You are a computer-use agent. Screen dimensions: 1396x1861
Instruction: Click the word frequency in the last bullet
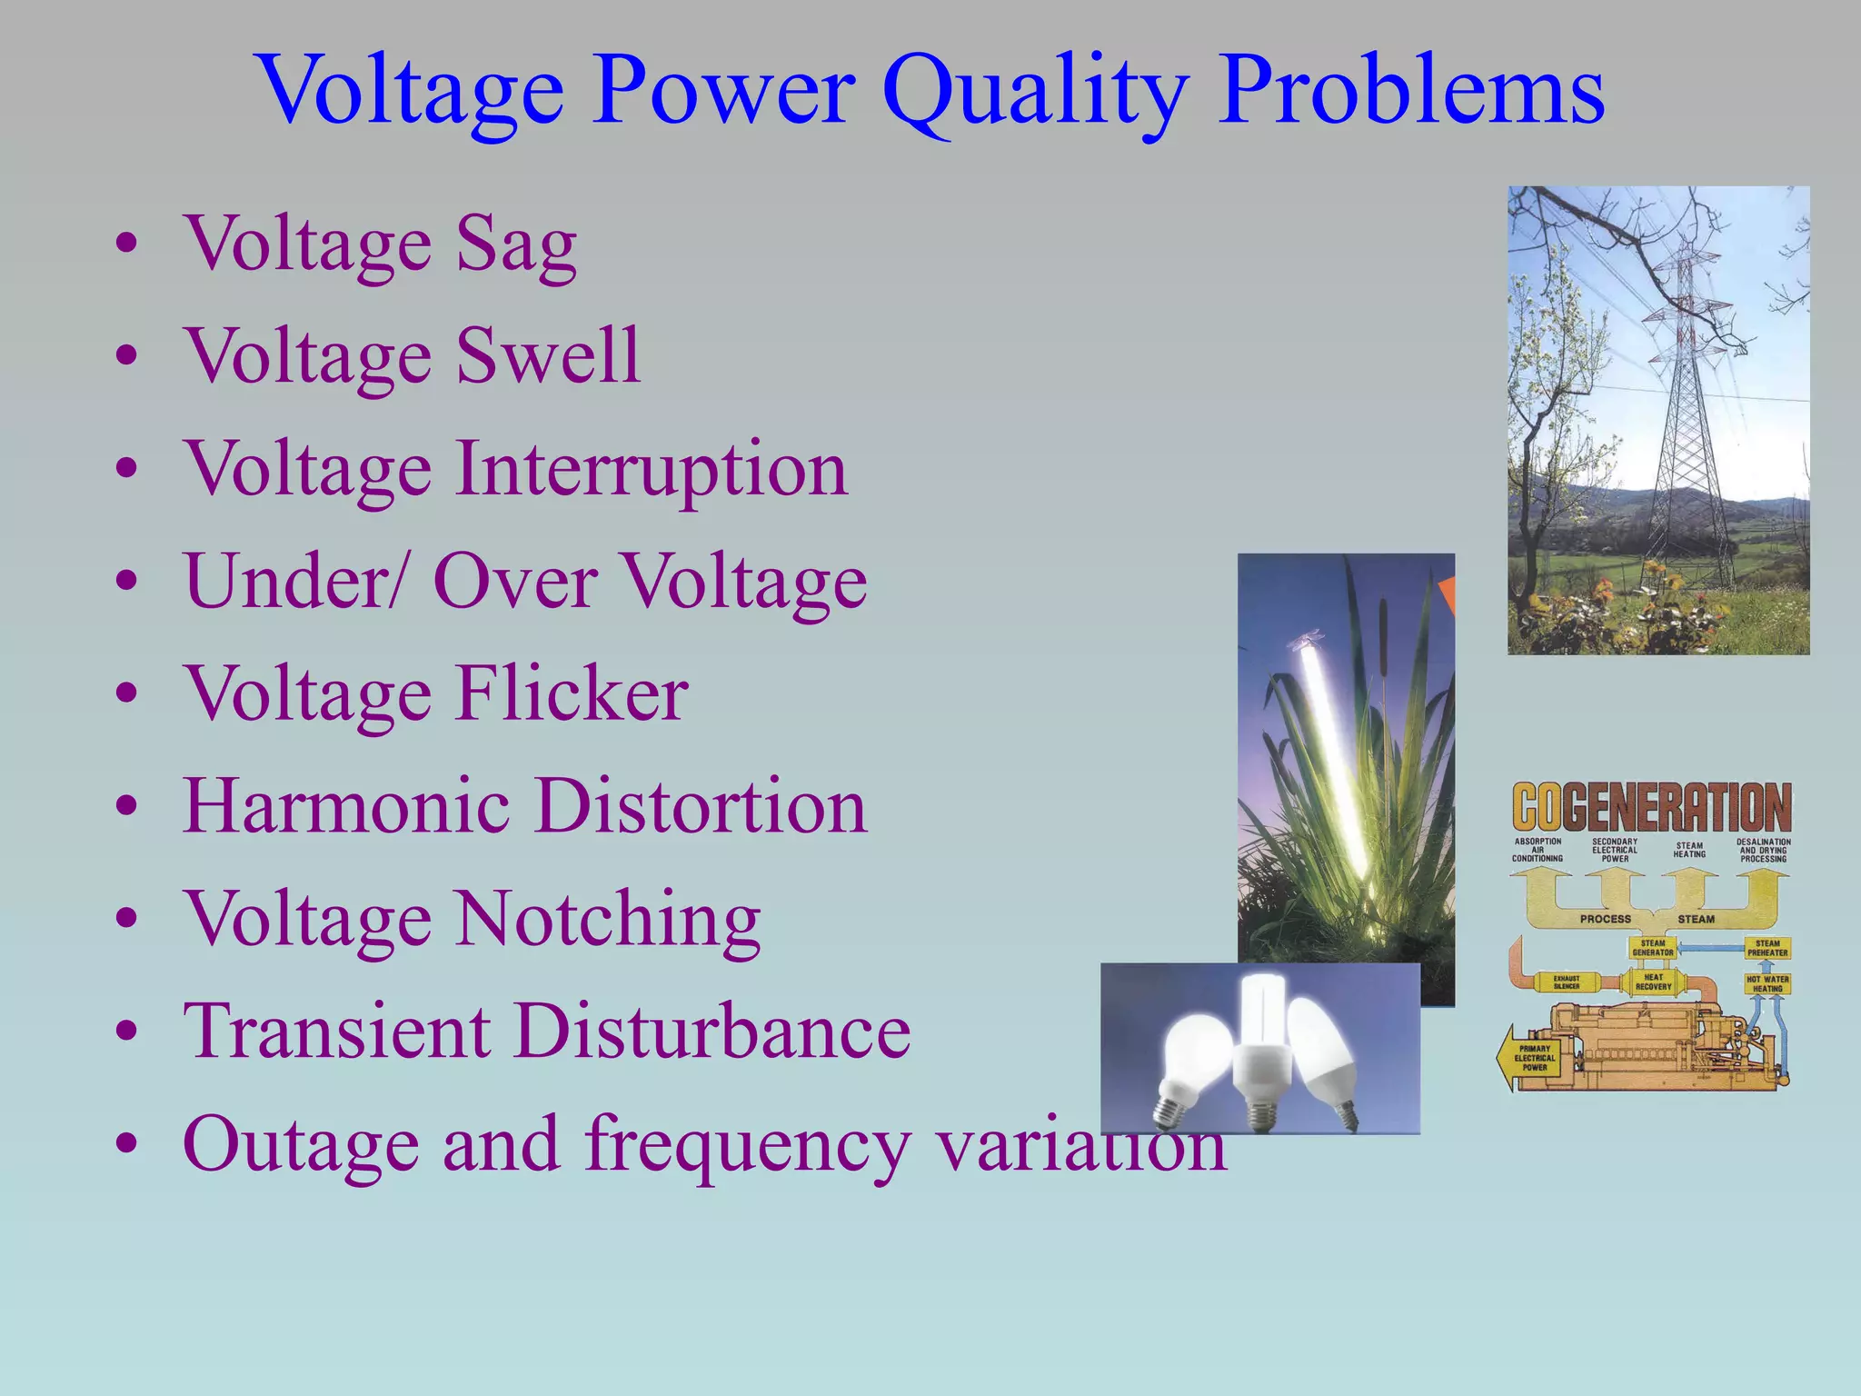click(x=746, y=1145)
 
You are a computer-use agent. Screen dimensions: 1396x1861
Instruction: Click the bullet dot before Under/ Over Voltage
click(x=127, y=582)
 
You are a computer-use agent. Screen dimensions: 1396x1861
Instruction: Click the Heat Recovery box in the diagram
click(x=1653, y=982)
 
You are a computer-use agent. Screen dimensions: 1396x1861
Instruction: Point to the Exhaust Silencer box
click(x=1566, y=982)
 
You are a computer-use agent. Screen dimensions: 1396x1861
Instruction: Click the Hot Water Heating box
click(x=1766, y=983)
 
